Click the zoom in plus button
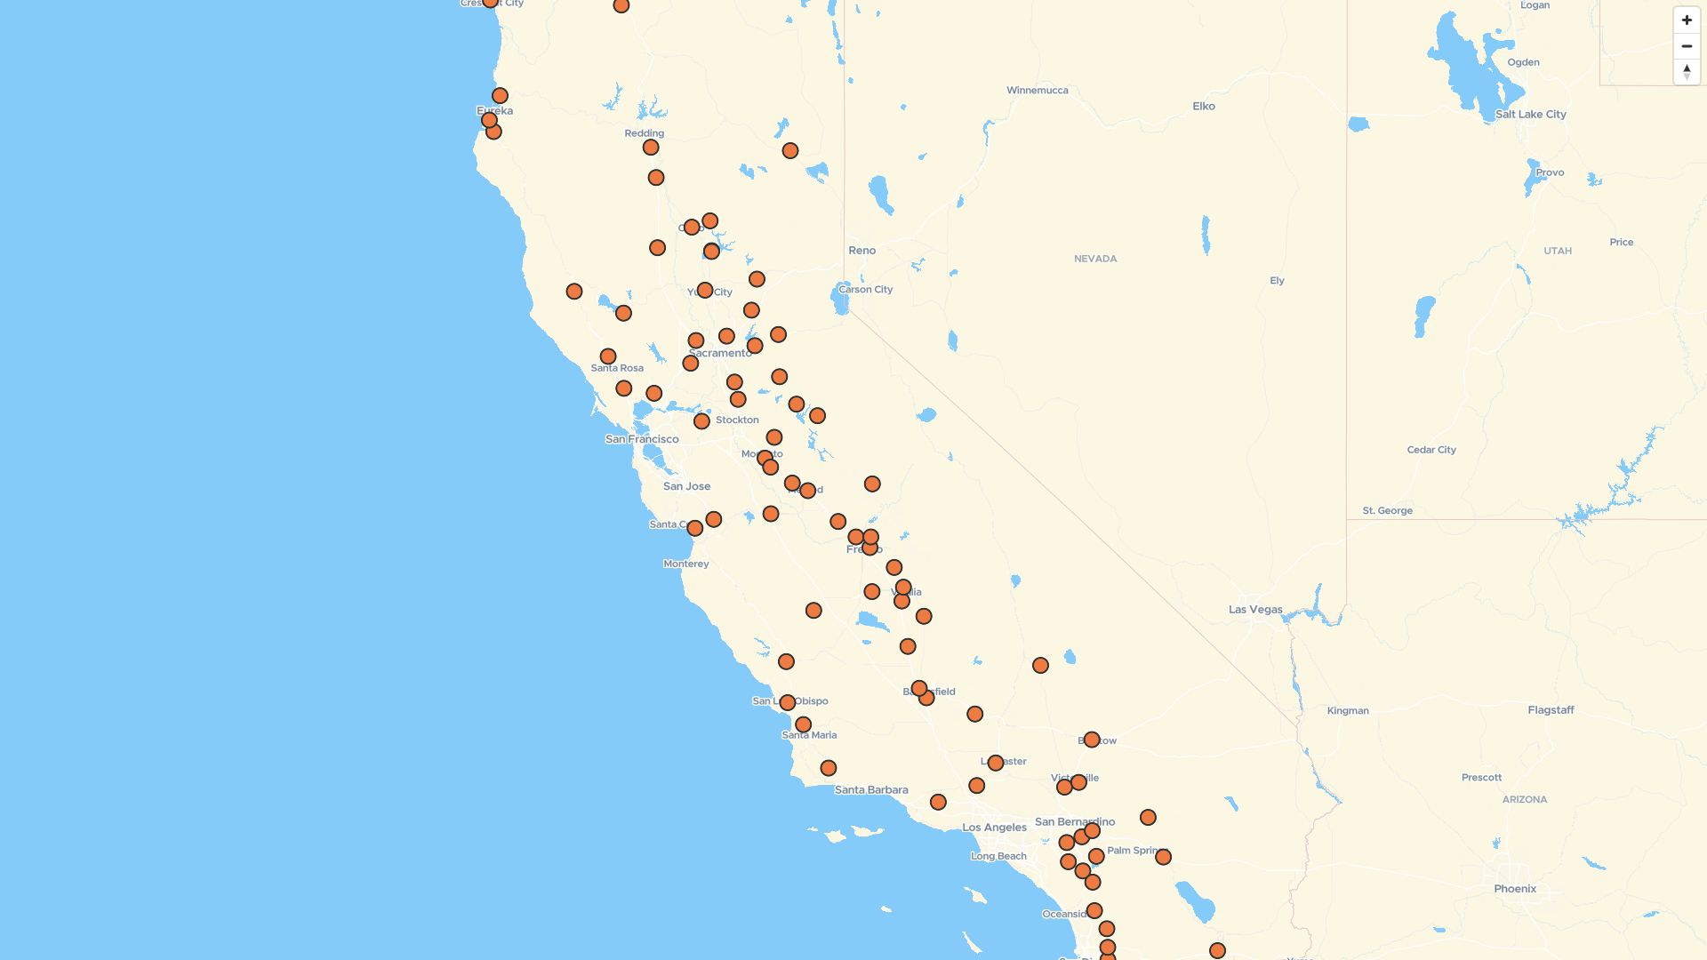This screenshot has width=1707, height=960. [x=1687, y=20]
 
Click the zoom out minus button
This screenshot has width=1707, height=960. [x=1687, y=46]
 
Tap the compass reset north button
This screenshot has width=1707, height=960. [x=1687, y=72]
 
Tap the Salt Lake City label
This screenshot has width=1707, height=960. [x=1530, y=115]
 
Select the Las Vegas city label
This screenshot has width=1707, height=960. [x=1255, y=610]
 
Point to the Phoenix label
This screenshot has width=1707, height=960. [x=1515, y=889]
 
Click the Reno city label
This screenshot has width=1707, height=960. [x=862, y=251]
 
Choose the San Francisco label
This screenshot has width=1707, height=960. [x=642, y=439]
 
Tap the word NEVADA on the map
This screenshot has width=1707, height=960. [x=1095, y=260]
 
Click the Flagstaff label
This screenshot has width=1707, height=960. [x=1551, y=710]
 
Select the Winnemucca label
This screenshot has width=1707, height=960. [x=1037, y=91]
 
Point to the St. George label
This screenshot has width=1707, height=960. [x=1387, y=511]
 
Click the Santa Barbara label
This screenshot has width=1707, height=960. [x=871, y=790]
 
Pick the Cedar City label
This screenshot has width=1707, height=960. [x=1431, y=450]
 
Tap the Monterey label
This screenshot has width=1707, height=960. [x=686, y=564]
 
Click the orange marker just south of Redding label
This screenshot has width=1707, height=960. [x=651, y=148]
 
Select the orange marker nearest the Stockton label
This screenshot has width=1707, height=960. [x=701, y=421]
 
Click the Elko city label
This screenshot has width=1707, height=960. [x=1204, y=107]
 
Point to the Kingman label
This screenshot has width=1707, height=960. [x=1348, y=711]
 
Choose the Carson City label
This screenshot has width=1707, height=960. [x=865, y=290]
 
